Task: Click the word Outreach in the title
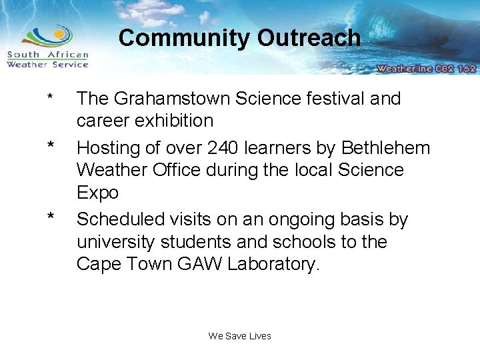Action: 309,38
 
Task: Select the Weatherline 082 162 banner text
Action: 425,68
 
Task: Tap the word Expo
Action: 97,193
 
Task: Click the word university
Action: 117,241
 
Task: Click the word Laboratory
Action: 273,264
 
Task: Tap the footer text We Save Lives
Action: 240,336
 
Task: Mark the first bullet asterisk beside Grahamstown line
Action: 49,101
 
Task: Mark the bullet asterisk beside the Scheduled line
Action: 50,217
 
